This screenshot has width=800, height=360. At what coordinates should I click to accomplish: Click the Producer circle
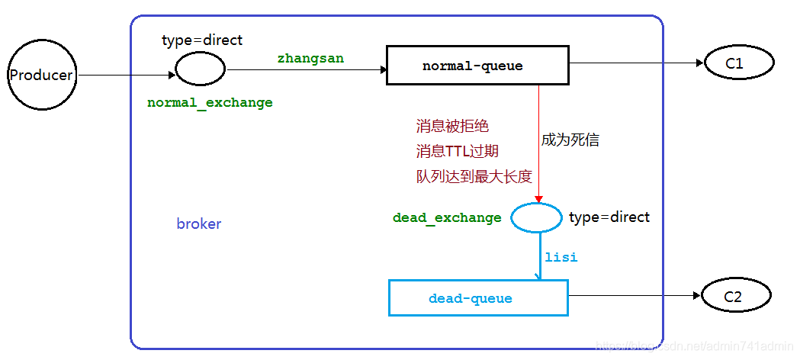[41, 75]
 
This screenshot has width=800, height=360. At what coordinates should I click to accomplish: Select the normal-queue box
[477, 66]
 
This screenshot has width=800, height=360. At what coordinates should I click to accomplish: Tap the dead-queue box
[478, 298]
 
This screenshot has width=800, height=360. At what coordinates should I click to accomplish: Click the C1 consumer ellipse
[734, 64]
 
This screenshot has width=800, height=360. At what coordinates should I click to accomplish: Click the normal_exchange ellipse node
[200, 69]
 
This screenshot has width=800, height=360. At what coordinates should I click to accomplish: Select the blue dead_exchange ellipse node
[535, 218]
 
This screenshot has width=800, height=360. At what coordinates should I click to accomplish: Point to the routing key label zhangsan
[310, 58]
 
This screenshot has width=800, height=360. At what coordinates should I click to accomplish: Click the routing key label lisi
[561, 258]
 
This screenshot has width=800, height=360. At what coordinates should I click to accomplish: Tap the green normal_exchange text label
[210, 102]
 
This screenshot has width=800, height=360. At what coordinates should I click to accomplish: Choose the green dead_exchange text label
[447, 218]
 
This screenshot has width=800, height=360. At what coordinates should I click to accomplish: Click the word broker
[199, 224]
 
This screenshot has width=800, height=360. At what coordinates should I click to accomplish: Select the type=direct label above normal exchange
[202, 40]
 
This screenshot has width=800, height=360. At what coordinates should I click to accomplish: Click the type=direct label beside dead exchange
[609, 217]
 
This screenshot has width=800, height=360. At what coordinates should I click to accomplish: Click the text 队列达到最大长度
[474, 176]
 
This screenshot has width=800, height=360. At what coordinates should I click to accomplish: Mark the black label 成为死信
[570, 140]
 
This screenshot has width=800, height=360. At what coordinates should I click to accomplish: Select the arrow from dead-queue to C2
[633, 296]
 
